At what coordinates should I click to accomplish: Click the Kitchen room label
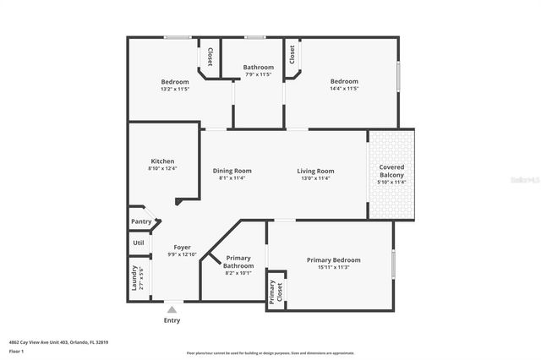[x=162, y=161]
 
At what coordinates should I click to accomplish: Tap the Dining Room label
[x=232, y=171]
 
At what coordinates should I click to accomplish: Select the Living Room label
[x=315, y=171]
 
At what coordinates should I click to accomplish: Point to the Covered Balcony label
[x=391, y=171]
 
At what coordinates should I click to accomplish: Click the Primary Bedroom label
[x=333, y=260]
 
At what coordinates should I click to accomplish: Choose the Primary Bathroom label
[x=238, y=262]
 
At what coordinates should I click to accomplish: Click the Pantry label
[x=141, y=221]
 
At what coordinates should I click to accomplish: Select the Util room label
[x=139, y=243]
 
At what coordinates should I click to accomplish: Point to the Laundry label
[x=134, y=279]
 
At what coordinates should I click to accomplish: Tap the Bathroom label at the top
[x=259, y=68]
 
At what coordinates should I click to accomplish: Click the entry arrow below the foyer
[x=172, y=310]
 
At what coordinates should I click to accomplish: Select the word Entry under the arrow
[x=172, y=321]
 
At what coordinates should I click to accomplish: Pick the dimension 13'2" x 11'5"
[x=175, y=89]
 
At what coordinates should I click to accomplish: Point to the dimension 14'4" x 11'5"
[x=344, y=89]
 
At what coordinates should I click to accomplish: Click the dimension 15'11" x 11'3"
[x=333, y=268]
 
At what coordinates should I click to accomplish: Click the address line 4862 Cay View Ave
[x=59, y=342]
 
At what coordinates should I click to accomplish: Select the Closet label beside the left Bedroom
[x=210, y=57]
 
